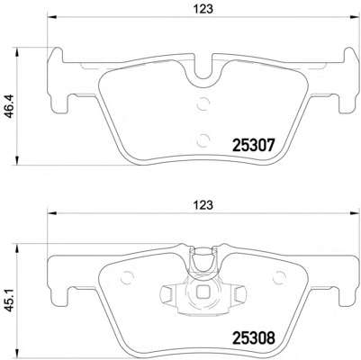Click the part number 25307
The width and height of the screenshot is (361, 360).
254,146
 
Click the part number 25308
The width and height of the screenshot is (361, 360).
254,337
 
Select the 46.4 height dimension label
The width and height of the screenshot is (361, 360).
10,106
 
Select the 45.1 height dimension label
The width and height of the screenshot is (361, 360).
10,301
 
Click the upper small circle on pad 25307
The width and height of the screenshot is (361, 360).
203,104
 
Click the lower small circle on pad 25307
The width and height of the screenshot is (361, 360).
203,139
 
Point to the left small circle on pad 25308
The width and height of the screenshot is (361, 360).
127,276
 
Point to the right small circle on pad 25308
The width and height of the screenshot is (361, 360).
279,276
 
